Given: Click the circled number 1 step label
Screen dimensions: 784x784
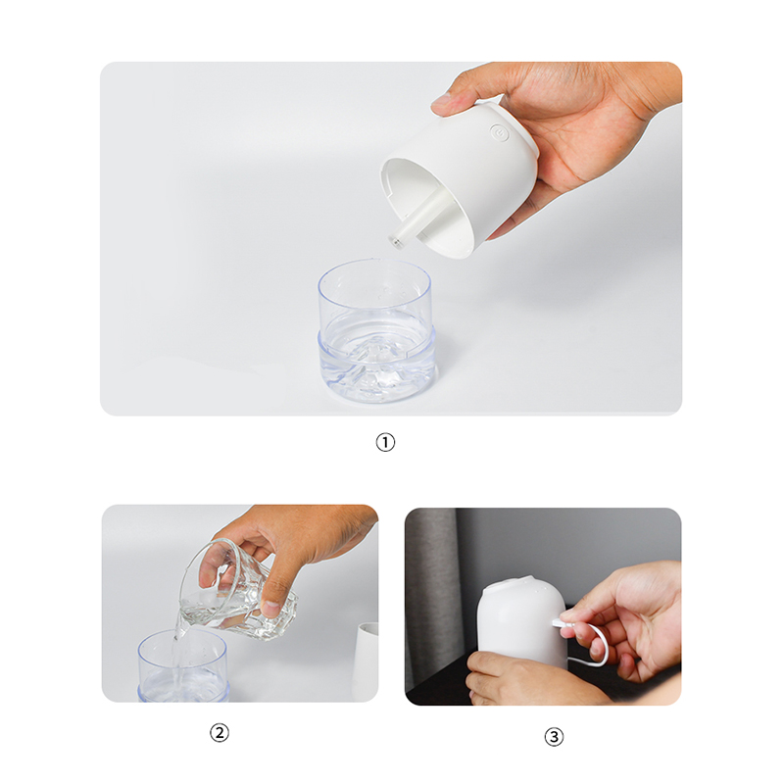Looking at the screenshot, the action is pos(385,442).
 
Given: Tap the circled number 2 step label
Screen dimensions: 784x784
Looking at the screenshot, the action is pos(219,732).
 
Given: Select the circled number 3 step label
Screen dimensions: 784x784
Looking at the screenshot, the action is pos(554,737).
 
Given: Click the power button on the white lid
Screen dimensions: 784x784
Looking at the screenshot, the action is pos(498,132).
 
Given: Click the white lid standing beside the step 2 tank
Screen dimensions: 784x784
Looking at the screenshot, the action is pos(367,661).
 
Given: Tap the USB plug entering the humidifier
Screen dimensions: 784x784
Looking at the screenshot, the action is pos(560,622).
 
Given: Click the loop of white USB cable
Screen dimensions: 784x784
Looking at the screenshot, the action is pos(604,650).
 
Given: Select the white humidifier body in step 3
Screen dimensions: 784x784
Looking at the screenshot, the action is pos(522,625).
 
